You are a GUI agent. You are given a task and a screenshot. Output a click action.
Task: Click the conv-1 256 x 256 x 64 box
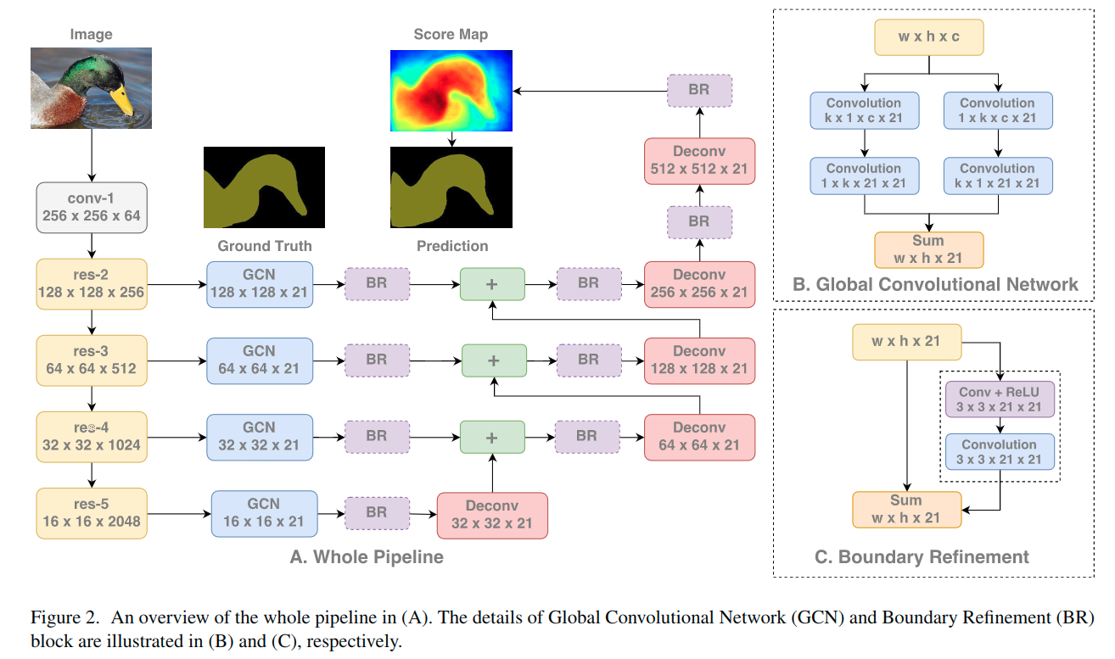tap(92, 208)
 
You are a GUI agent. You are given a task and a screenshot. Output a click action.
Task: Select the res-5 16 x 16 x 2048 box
tap(92, 513)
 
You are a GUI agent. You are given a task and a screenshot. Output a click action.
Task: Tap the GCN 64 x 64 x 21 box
tap(260, 360)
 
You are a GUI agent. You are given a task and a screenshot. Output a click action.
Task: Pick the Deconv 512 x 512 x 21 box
tap(699, 161)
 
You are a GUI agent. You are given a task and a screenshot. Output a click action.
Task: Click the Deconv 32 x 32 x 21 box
tap(492, 516)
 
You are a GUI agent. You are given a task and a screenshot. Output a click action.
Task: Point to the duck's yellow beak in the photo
tap(122, 99)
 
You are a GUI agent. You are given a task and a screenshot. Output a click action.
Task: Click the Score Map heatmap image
tap(451, 91)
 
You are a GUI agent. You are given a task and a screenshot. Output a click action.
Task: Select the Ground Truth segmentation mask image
tap(264, 187)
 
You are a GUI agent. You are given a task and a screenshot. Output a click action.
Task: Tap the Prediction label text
tap(452, 246)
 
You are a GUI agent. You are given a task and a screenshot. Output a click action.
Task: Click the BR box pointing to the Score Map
tap(699, 91)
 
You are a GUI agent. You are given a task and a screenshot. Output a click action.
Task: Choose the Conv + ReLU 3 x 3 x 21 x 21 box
tap(1000, 399)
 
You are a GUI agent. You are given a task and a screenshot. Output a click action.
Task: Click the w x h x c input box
tap(929, 36)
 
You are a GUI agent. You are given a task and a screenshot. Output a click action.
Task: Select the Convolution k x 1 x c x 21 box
tap(864, 110)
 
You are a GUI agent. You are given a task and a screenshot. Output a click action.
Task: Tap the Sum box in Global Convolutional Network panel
tap(929, 249)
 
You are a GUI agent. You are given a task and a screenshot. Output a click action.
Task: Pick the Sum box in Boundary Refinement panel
tap(906, 509)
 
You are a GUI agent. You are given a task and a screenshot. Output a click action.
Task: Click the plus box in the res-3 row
tap(494, 360)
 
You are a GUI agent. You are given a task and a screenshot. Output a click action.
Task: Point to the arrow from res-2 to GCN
tap(176, 284)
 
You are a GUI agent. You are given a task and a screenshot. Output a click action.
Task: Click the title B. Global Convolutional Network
tap(935, 284)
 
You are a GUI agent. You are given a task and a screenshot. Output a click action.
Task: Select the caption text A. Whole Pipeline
tap(367, 557)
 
